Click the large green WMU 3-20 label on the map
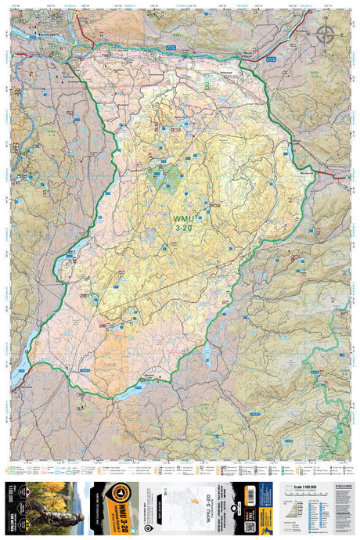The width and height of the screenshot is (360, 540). pos(182,222)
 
